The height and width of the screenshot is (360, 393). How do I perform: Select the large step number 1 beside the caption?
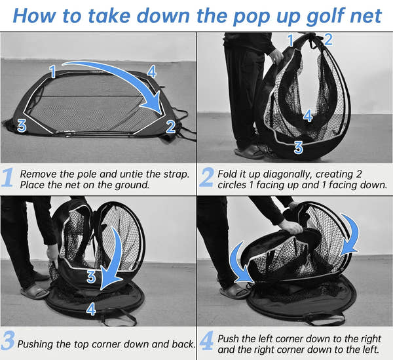pos(9,178)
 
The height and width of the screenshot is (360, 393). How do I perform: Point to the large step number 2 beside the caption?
pos(208,178)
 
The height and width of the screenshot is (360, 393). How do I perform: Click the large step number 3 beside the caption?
pos(9,343)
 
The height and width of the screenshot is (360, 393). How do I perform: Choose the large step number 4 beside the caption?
pos(208,343)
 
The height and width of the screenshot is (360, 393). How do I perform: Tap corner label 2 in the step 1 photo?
pos(170,127)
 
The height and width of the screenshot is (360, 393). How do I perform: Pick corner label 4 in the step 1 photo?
pos(151,70)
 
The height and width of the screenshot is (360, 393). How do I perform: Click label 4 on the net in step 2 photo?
pos(308,116)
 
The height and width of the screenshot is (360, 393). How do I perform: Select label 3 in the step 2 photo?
pos(298,148)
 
